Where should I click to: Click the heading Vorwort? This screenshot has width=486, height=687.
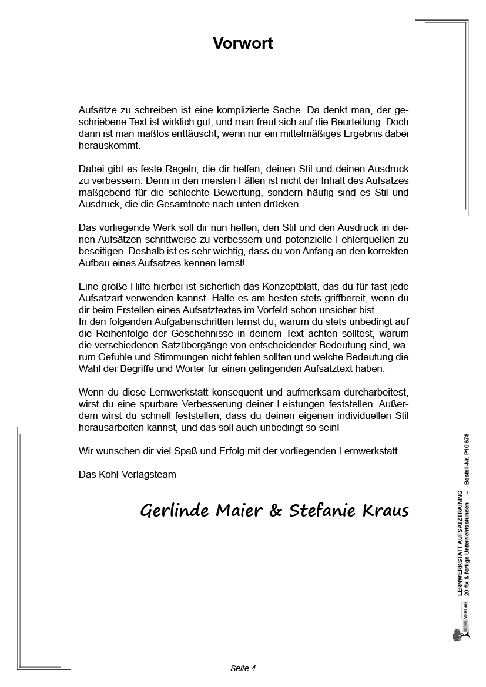coord(243,43)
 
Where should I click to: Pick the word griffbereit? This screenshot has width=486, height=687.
coord(327,299)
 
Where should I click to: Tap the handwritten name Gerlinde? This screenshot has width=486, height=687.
coord(172,511)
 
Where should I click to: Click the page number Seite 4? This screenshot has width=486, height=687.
coord(243,668)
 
